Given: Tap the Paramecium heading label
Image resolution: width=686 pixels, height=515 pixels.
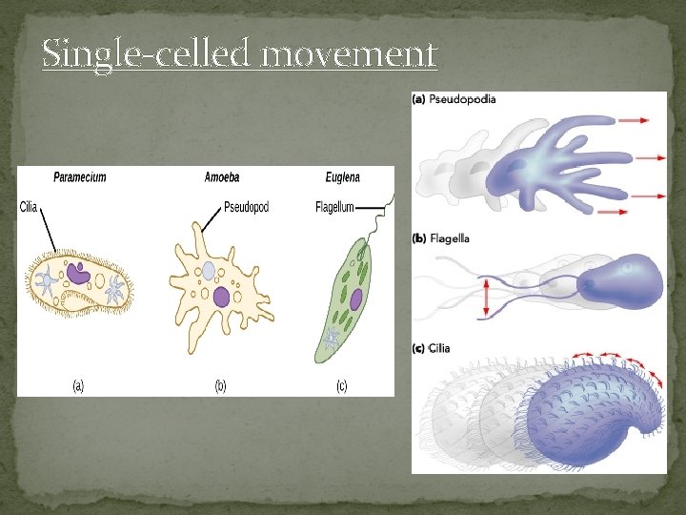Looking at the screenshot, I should coord(80,177).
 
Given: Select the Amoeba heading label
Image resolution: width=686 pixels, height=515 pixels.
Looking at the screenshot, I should coord(222,177).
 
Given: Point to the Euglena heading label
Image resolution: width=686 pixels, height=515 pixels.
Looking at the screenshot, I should coord(342,177).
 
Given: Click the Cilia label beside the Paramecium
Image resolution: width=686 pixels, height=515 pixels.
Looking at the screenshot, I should coord(29,208).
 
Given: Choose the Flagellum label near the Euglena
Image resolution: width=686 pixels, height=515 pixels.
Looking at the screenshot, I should coord(334,208).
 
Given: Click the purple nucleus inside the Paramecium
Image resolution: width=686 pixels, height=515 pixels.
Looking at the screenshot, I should coord(79,276).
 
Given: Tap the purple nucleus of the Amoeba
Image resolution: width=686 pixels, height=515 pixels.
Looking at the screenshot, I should coord(222,298).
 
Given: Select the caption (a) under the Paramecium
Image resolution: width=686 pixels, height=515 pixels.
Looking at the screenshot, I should coord(79,385).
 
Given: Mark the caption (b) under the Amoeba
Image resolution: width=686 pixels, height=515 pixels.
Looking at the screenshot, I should coord(220,385).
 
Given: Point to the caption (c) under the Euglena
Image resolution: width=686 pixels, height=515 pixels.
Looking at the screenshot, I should coord(342,385).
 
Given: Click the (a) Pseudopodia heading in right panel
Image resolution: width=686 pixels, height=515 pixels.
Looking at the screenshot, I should coord(454,99).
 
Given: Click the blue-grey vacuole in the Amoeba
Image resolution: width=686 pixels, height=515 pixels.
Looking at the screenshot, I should coord(209,272).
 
